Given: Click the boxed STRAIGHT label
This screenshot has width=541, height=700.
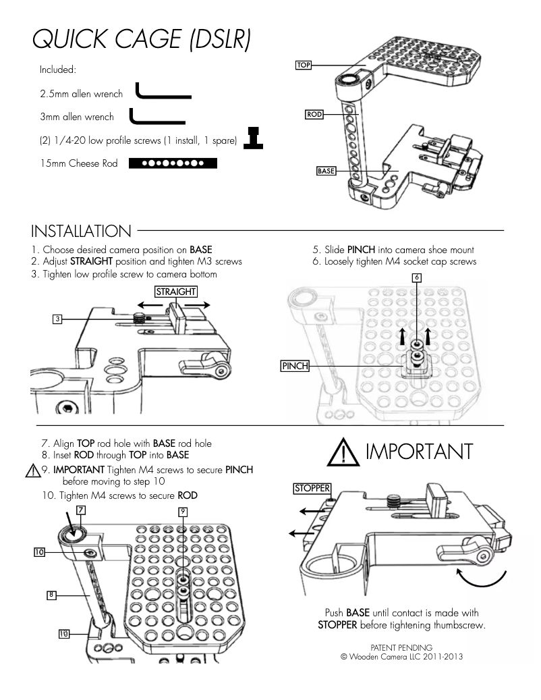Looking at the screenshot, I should (177, 292).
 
